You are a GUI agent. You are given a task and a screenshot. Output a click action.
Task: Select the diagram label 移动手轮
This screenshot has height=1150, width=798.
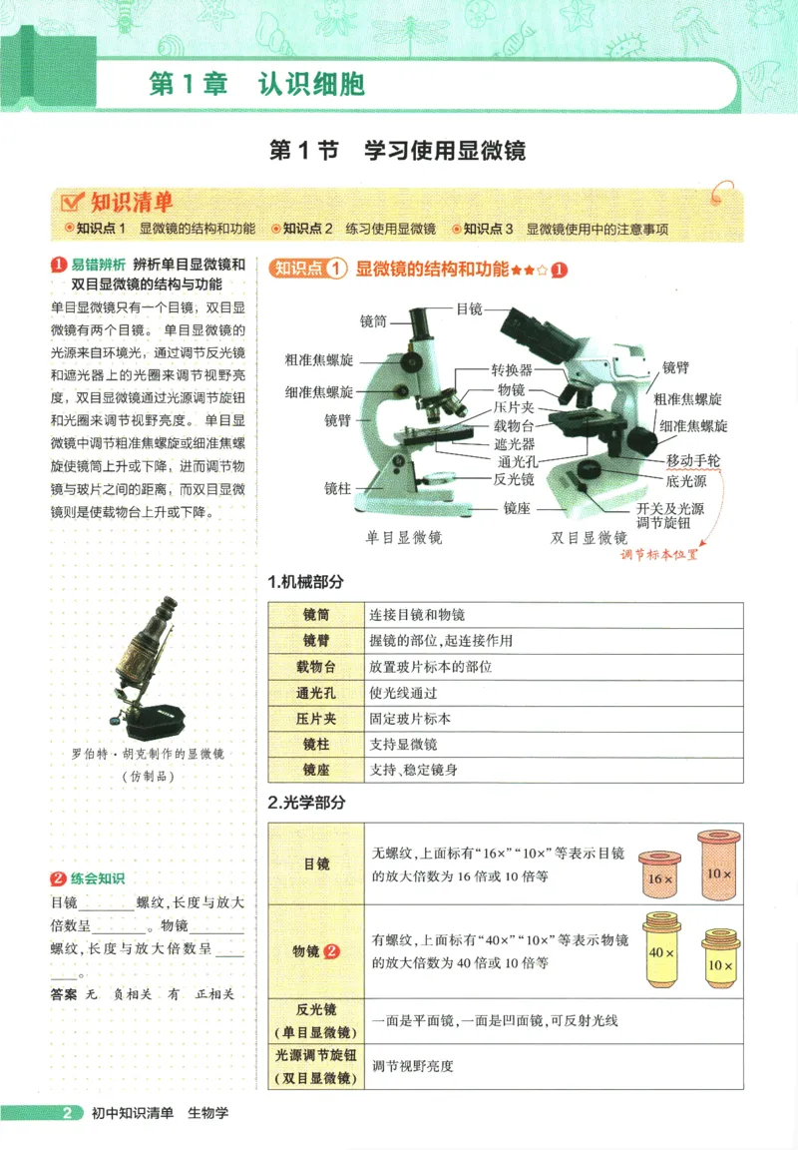[x=699, y=461]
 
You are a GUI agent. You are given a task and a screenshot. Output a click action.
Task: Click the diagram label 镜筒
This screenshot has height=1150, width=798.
[x=374, y=321]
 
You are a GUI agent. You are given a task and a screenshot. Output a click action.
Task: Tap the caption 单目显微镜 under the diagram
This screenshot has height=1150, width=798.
[x=403, y=537]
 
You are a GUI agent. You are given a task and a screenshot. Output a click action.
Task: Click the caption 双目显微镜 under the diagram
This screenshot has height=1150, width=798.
[x=589, y=537]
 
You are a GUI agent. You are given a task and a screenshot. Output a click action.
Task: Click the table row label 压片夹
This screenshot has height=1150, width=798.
[x=315, y=719]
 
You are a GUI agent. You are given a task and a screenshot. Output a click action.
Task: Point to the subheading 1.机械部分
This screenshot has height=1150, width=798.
[x=305, y=582]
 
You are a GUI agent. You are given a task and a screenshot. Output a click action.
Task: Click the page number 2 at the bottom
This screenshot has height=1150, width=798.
[x=67, y=1113]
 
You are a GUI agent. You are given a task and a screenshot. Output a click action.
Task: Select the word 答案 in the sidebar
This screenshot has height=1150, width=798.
[x=63, y=994]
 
